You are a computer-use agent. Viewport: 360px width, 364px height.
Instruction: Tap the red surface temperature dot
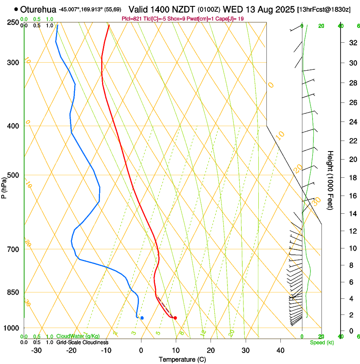click(175, 317)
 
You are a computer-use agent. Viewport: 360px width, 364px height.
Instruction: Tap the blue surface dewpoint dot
click(142, 317)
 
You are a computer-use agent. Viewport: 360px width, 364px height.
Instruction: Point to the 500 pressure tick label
click(13, 175)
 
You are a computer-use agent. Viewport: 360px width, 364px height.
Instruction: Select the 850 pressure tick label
click(13, 292)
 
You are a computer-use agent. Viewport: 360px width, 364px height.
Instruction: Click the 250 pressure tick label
click(13, 22)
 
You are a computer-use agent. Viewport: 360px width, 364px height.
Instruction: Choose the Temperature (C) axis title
click(182, 360)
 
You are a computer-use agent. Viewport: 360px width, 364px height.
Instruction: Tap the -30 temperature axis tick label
click(36, 350)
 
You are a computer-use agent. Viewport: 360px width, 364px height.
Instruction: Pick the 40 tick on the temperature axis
click(280, 350)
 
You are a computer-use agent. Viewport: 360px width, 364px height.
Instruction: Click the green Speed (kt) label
click(321, 342)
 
